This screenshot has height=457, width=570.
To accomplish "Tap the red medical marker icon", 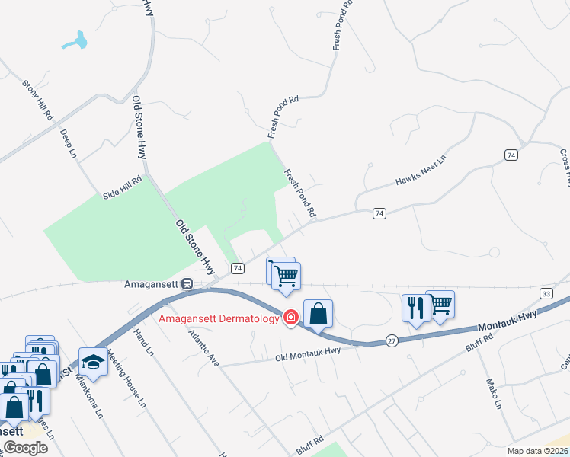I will (290, 318).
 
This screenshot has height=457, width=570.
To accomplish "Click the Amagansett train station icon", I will (187, 284).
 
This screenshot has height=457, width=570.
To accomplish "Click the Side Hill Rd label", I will (123, 189).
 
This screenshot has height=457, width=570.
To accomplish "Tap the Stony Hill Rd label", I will (37, 100).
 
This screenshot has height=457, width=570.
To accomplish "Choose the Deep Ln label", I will (69, 144).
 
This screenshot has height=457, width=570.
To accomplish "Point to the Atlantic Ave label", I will (203, 349).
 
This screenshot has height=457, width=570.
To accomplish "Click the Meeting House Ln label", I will (126, 378).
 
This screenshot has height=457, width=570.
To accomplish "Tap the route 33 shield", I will (545, 293).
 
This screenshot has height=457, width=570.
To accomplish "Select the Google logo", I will (25, 448).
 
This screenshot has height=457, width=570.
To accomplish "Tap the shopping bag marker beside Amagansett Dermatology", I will (318, 313).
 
